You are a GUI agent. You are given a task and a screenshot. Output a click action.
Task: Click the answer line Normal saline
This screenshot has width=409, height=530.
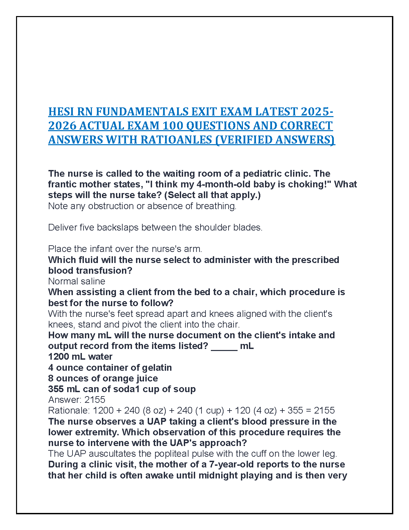[x=77, y=281]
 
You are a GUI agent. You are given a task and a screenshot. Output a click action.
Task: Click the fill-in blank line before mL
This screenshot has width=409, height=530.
[x=224, y=346]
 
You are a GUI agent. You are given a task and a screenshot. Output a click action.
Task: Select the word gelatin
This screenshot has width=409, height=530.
[x=157, y=367]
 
